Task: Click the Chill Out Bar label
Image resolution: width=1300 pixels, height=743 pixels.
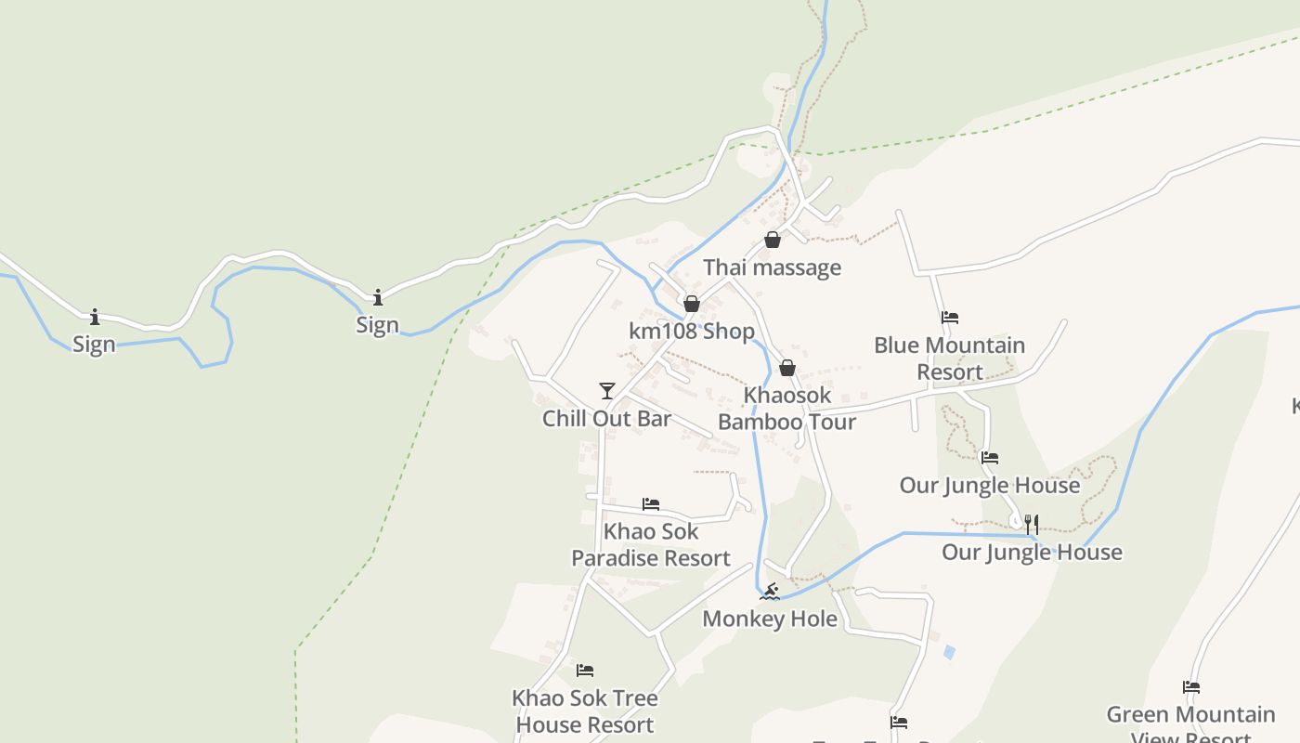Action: [606, 419]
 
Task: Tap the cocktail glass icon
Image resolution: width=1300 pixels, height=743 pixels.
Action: [607, 391]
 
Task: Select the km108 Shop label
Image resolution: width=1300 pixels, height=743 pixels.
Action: [692, 332]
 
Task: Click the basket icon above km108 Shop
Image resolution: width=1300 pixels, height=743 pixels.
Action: [691, 304]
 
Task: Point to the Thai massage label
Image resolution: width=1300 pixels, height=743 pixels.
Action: [772, 267]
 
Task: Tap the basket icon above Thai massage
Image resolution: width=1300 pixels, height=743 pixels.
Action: [773, 241]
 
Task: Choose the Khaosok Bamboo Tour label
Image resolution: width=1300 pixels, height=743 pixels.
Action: [786, 409]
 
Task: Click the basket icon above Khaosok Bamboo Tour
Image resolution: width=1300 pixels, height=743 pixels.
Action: [787, 368]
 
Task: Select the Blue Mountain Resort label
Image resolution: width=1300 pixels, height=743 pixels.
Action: [949, 358]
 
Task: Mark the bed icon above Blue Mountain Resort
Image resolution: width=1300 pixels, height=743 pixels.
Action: [949, 318]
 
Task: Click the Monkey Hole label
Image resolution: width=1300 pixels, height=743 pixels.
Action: [770, 619]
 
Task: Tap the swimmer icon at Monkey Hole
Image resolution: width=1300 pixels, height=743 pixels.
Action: [769, 591]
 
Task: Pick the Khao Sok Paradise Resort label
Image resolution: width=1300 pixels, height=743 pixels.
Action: [651, 545]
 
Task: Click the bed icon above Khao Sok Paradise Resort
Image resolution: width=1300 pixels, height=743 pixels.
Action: [651, 504]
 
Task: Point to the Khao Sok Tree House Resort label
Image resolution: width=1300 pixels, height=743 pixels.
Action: [585, 711]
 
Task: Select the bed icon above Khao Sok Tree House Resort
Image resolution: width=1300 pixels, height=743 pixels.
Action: [585, 671]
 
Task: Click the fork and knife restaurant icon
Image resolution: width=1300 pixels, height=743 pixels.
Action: [1032, 524]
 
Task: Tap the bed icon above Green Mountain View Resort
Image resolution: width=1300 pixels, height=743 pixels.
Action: [1191, 687]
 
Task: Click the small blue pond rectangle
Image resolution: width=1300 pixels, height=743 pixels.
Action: [949, 653]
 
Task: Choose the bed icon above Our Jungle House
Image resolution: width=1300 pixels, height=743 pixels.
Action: [990, 458]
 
